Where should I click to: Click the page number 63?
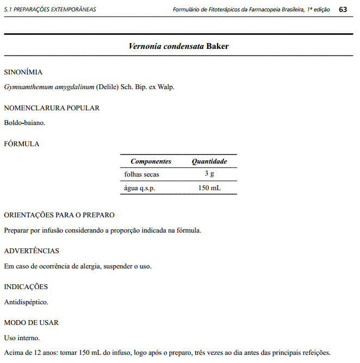click(343, 9)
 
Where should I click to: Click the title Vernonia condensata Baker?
click(178, 46)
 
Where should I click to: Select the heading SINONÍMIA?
click(23, 72)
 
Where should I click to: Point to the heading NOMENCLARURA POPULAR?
click(52, 108)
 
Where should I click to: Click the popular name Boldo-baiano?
click(24, 123)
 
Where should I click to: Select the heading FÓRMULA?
click(21, 144)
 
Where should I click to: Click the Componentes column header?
click(151, 161)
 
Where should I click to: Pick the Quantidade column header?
click(209, 161)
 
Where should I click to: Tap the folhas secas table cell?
click(141, 174)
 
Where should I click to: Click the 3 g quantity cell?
click(209, 174)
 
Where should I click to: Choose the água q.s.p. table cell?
click(140, 188)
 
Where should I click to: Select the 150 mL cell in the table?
click(209, 188)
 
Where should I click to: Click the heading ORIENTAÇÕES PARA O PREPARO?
click(59, 215)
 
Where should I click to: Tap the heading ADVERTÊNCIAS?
click(32, 251)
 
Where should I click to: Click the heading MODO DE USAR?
click(31, 323)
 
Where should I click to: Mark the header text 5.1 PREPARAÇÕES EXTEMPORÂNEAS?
click(49, 10)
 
